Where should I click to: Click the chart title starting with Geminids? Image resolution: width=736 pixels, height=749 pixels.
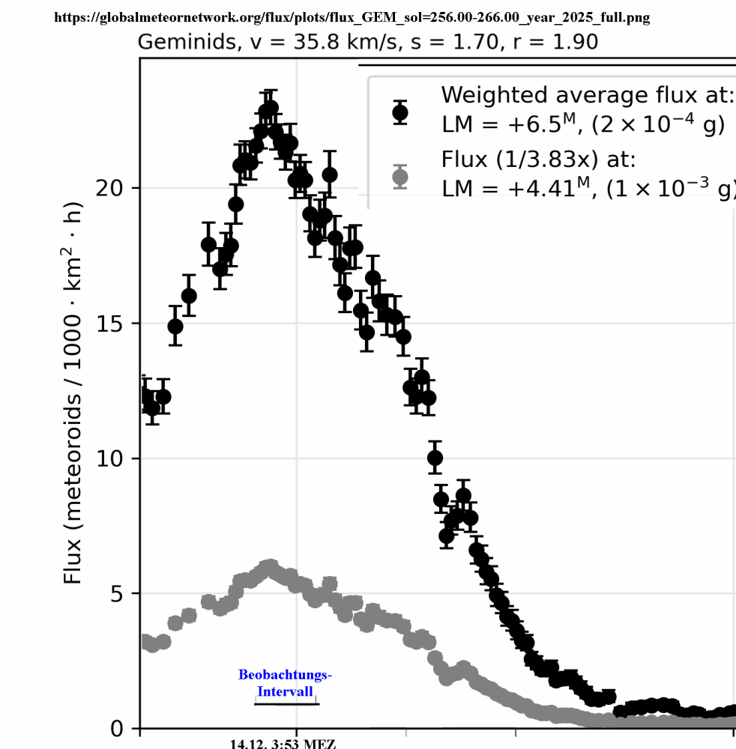pyautogui.click(x=368, y=42)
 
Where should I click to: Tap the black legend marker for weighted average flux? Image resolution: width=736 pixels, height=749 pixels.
pyautogui.click(x=400, y=112)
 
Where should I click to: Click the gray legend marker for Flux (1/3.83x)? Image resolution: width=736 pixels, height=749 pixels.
pyautogui.click(x=400, y=177)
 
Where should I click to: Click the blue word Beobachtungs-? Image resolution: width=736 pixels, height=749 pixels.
pyautogui.click(x=285, y=675)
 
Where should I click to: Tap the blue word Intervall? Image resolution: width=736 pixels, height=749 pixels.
pyautogui.click(x=285, y=691)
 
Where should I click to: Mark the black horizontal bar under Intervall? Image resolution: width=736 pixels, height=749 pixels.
pyautogui.click(x=286, y=703)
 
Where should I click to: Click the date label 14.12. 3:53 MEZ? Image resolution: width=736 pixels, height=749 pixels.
pyautogui.click(x=283, y=744)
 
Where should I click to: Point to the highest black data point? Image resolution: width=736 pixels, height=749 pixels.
pyautogui.click(x=270, y=108)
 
